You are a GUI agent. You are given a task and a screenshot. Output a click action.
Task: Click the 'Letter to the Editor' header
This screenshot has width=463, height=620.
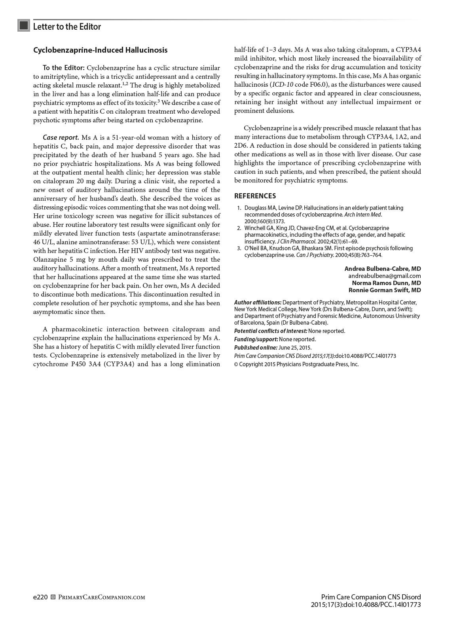(x=67, y=27)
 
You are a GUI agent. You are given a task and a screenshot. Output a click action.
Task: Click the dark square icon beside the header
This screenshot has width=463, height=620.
(x=24, y=26)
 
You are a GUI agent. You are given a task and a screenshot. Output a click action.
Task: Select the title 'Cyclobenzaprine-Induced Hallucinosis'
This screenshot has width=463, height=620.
(x=100, y=50)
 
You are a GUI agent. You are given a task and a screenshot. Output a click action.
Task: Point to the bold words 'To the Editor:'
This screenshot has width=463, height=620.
(x=63, y=68)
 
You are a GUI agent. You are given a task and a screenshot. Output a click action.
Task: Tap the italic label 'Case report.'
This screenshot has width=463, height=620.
(x=61, y=137)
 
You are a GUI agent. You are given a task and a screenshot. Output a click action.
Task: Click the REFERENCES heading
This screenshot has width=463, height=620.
(x=255, y=196)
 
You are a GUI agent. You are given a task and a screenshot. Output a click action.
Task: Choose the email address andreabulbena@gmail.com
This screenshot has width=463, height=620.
(x=384, y=276)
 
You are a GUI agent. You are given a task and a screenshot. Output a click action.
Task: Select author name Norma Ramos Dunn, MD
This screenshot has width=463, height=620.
(x=386, y=283)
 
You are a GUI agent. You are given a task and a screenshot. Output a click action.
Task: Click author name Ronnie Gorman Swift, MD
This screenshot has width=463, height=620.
(x=384, y=290)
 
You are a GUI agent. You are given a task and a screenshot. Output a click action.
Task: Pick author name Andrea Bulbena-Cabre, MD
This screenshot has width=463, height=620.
(x=382, y=268)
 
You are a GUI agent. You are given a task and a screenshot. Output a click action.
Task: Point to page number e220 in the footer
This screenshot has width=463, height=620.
(x=40, y=597)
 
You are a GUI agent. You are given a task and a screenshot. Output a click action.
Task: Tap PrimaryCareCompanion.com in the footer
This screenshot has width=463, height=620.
(x=102, y=597)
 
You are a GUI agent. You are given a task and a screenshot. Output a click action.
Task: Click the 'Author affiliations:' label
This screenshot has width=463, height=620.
(x=258, y=302)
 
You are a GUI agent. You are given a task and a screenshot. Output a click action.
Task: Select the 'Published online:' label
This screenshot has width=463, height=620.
(x=256, y=348)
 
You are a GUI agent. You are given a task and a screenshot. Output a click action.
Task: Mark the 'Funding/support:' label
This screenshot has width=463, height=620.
(x=256, y=339)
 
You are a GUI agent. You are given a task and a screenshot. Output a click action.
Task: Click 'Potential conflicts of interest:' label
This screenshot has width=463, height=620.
(x=271, y=331)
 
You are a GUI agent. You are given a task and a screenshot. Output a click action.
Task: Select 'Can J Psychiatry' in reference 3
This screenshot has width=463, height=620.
(x=315, y=255)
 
